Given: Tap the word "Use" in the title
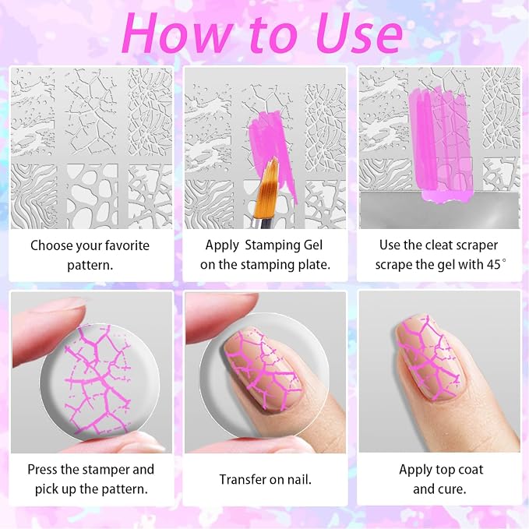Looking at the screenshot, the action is (x=359, y=34).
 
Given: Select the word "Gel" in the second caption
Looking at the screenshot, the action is (x=313, y=245).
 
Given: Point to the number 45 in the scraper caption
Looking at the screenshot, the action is (x=494, y=265).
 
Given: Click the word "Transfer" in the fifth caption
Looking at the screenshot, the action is (x=242, y=479).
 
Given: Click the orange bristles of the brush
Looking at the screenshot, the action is (x=266, y=189).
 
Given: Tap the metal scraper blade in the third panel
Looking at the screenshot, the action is (x=439, y=210).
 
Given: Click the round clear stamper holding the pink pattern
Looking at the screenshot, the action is (x=101, y=379).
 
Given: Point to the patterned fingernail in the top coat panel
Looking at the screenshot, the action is (x=430, y=358).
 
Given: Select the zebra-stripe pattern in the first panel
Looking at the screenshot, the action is (x=34, y=196).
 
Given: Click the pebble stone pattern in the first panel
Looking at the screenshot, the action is (x=92, y=196).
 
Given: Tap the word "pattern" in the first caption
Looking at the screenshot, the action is (x=90, y=265).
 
